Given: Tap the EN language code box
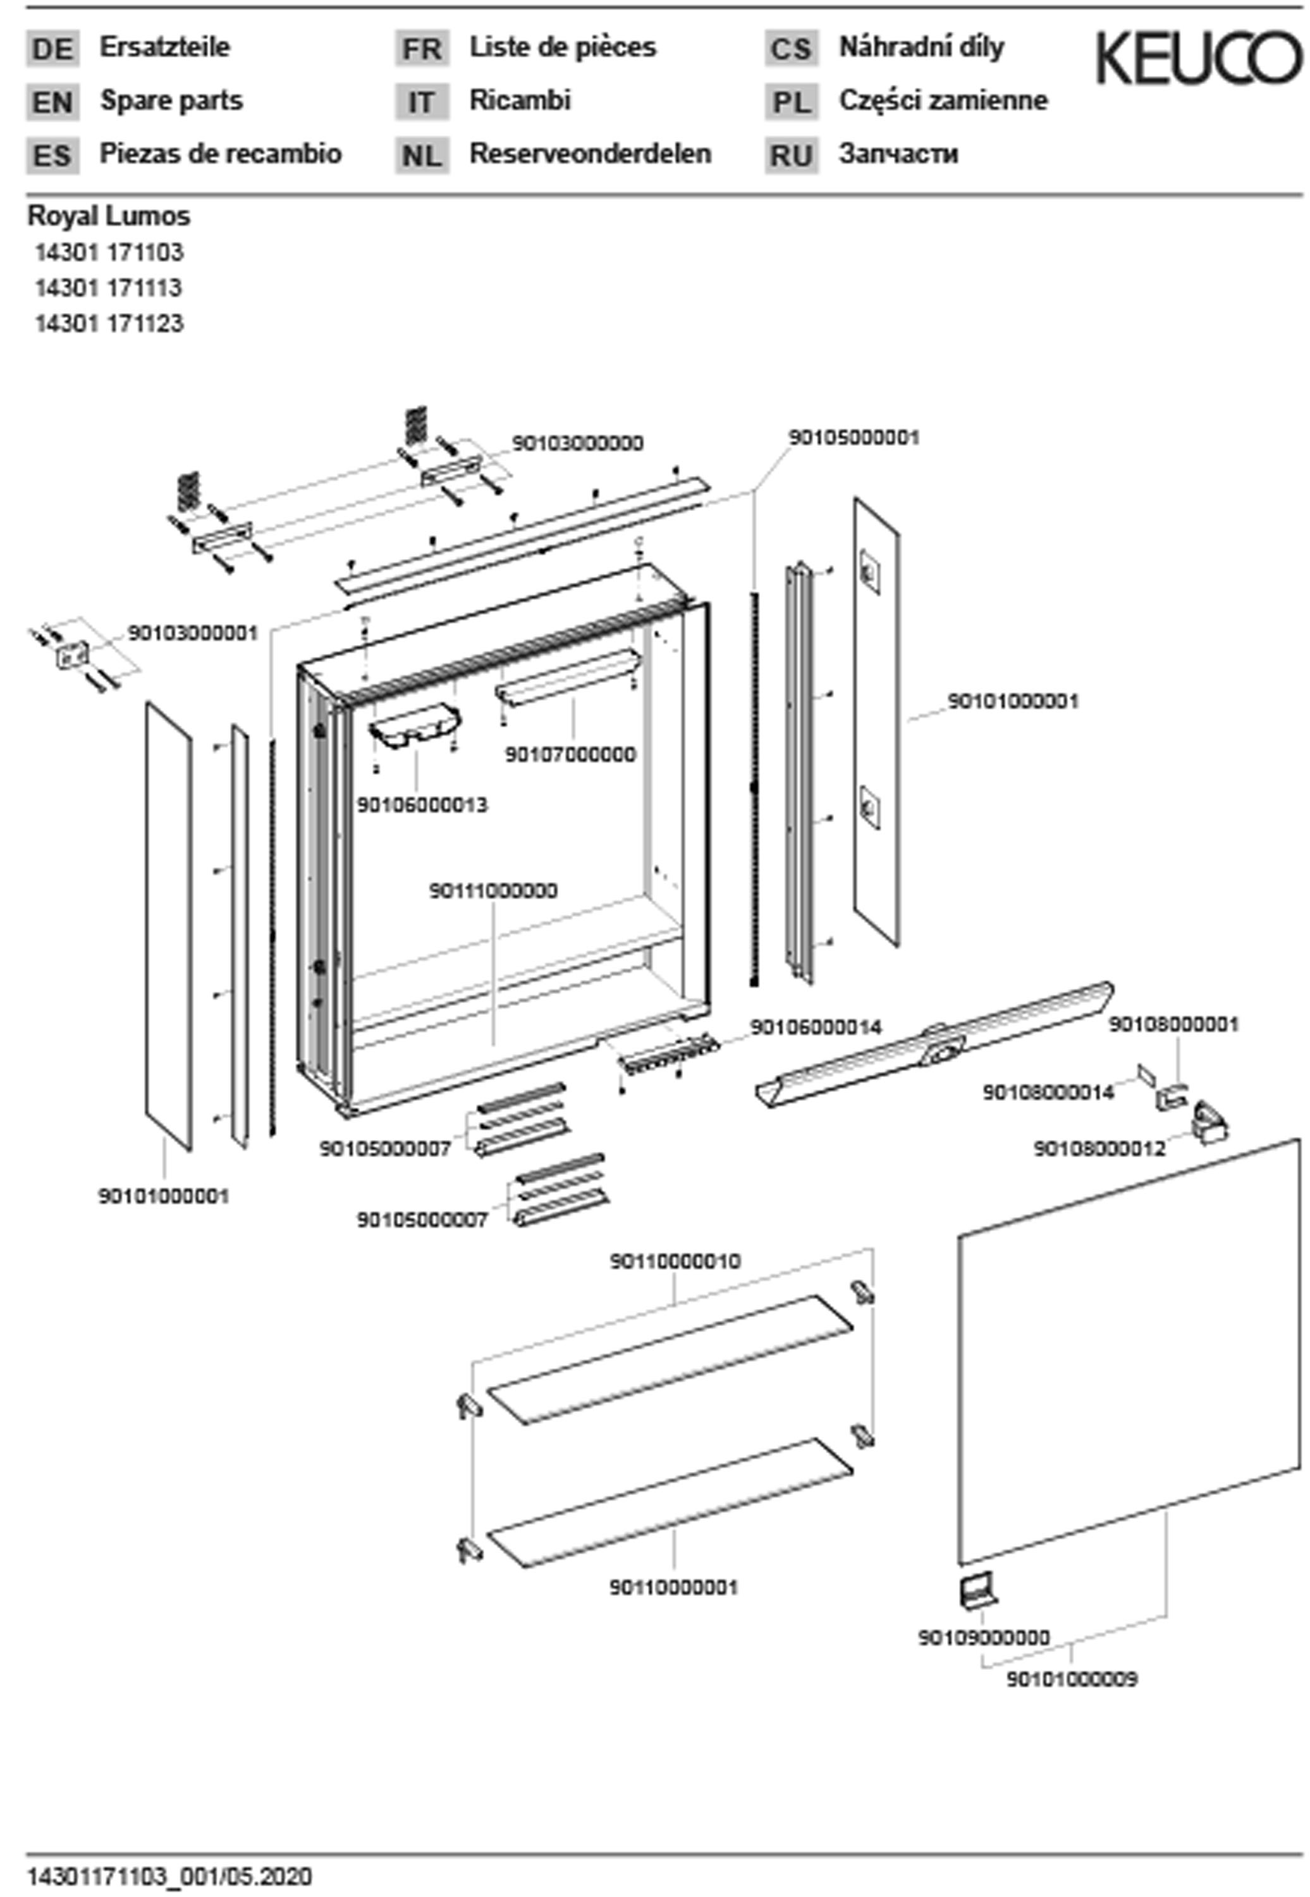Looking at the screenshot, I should [x=52, y=102].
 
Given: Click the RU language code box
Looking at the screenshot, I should [x=792, y=155].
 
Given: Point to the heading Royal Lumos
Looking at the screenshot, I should [x=109, y=216].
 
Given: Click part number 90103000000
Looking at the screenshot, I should [x=577, y=443].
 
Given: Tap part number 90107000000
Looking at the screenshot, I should [x=570, y=754].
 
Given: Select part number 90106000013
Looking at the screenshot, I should [x=422, y=805].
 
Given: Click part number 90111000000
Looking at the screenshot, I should [x=493, y=890].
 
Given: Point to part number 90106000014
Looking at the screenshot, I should [x=816, y=1027].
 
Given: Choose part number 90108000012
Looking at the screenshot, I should [x=1099, y=1148].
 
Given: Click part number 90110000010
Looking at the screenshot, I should [x=675, y=1261].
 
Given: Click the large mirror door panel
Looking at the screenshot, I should [x=1129, y=1354].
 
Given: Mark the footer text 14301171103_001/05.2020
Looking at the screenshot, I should [x=170, y=1877].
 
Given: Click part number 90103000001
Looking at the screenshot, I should [x=193, y=633].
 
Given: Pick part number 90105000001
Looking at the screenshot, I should [x=854, y=438].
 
